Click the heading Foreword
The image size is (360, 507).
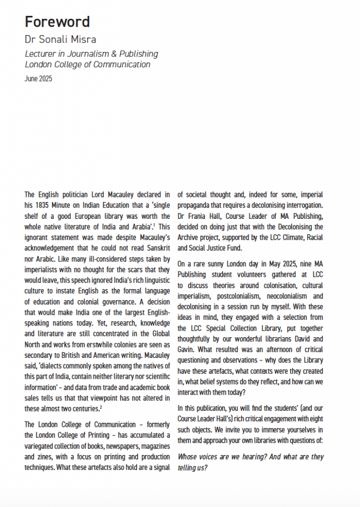[57, 22]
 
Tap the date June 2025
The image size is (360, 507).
[38, 78]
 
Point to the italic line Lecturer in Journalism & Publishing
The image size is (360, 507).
[91, 53]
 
